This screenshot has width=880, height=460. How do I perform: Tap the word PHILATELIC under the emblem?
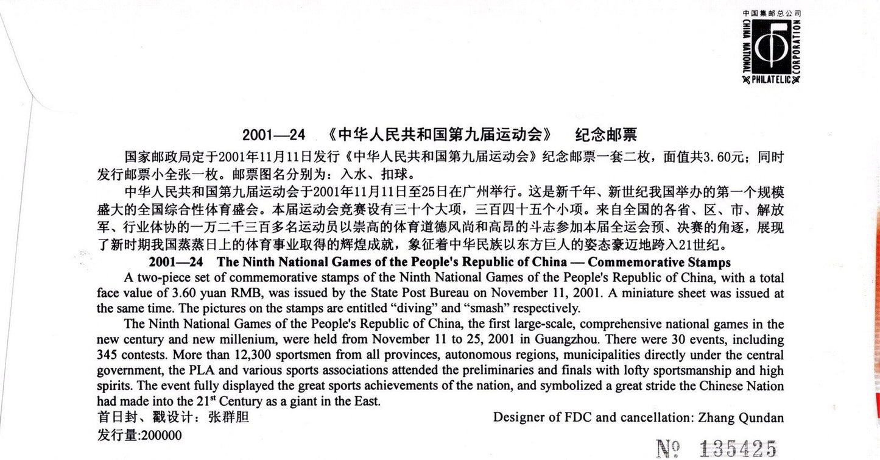tap(771, 79)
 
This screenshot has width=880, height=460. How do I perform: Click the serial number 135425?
tap(737, 449)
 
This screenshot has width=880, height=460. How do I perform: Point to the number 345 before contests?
tap(108, 355)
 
